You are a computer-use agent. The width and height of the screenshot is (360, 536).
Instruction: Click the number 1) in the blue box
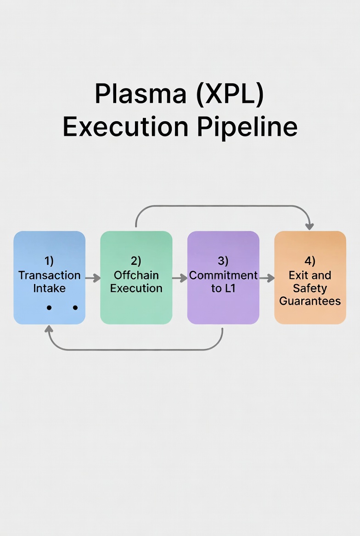click(x=49, y=261)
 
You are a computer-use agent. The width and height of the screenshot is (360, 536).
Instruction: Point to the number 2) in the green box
click(x=136, y=261)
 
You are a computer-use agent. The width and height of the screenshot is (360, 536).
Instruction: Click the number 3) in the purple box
click(x=223, y=261)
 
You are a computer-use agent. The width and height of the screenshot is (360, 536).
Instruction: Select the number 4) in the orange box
click(x=310, y=261)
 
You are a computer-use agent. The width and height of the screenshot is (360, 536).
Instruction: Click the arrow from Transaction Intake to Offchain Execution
click(x=93, y=278)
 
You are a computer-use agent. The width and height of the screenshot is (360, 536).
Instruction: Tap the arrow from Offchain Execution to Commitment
click(x=180, y=278)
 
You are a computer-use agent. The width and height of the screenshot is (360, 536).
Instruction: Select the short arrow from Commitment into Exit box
click(x=267, y=278)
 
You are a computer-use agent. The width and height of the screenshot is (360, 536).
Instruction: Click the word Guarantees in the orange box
click(x=310, y=301)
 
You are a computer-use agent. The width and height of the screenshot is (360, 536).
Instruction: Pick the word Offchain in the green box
click(x=136, y=275)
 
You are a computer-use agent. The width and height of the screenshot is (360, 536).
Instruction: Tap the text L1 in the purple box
click(x=229, y=289)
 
